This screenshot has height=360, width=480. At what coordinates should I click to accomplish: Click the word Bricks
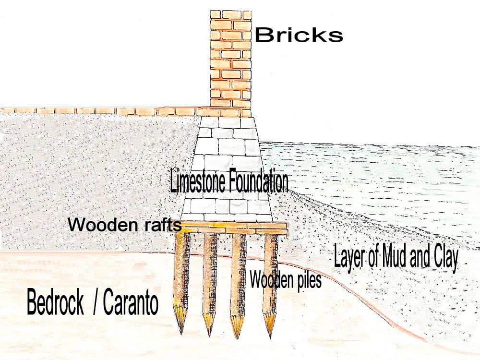(x=299, y=35)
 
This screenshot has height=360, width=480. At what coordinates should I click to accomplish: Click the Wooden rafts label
(x=125, y=225)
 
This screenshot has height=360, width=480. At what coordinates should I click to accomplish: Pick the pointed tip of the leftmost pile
(x=181, y=333)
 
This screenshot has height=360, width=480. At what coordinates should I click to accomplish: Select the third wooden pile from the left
(x=239, y=285)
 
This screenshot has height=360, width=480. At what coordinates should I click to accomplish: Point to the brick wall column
(x=231, y=64)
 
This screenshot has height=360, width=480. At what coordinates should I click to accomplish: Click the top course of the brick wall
(x=231, y=15)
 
